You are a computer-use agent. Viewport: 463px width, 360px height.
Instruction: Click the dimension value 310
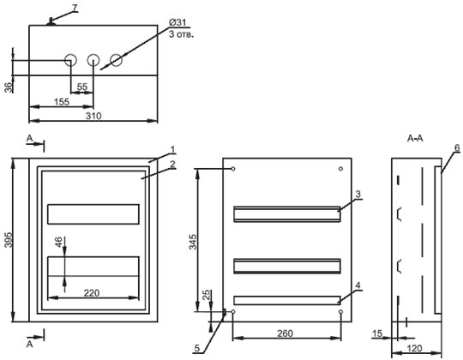click(93, 116)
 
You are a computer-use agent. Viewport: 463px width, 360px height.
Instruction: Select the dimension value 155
click(62, 102)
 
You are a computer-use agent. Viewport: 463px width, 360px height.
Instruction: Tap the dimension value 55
click(82, 87)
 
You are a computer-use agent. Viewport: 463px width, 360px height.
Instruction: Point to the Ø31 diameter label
click(177, 22)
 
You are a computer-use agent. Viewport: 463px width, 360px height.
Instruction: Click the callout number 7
click(75, 8)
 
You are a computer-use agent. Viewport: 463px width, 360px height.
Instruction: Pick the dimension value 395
click(9, 240)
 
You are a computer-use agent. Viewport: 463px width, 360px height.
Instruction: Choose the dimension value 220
click(92, 293)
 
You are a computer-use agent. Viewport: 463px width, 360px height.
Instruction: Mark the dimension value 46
click(58, 242)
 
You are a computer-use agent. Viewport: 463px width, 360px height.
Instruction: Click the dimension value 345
click(193, 242)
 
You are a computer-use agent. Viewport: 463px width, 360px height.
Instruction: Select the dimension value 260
click(286, 333)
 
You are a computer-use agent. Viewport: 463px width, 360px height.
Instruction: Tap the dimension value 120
click(414, 349)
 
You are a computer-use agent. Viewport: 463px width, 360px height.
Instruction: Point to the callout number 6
click(457, 147)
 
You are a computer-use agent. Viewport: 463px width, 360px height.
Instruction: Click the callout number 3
click(358, 195)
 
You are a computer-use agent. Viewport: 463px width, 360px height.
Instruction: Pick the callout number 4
click(358, 285)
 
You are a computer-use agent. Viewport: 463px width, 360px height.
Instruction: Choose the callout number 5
click(197, 348)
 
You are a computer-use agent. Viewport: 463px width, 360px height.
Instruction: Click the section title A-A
click(415, 138)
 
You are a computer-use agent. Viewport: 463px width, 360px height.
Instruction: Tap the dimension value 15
click(377, 333)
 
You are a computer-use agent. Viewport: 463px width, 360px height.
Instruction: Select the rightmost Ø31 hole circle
click(116, 60)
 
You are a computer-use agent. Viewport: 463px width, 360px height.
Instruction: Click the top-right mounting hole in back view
click(340, 169)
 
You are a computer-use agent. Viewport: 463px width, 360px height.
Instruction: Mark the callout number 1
click(172, 150)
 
